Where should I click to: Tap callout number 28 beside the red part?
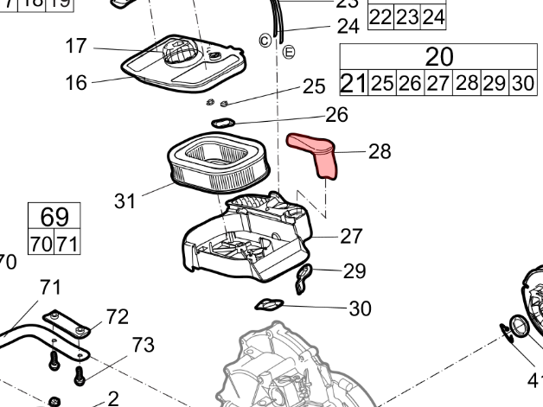pos(380,152)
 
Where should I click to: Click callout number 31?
pos(125,201)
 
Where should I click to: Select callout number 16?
pos(77,83)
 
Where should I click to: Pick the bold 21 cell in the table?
pos(353,83)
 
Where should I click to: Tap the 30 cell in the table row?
pos(522,83)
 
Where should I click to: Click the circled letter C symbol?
pos(265,41)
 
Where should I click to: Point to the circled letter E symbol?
pos(290,51)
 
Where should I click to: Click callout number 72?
pos(117,317)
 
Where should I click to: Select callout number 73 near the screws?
pos(144,347)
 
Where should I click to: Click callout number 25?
pos(314,86)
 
